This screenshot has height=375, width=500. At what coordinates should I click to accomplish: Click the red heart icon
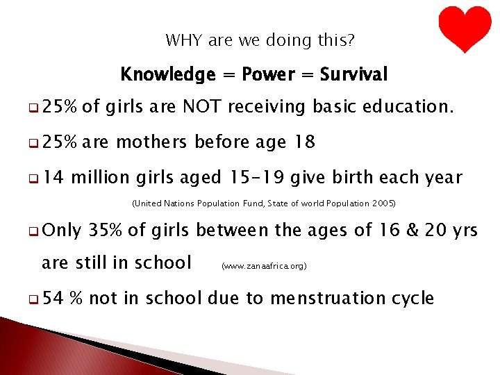point(465,28)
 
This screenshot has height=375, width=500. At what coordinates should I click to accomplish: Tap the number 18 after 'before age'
point(304,142)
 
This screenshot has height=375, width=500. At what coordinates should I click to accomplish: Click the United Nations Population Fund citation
point(263,204)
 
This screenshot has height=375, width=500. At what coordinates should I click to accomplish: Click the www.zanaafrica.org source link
point(263,265)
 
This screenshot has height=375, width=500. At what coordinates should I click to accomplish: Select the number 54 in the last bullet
point(53,299)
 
